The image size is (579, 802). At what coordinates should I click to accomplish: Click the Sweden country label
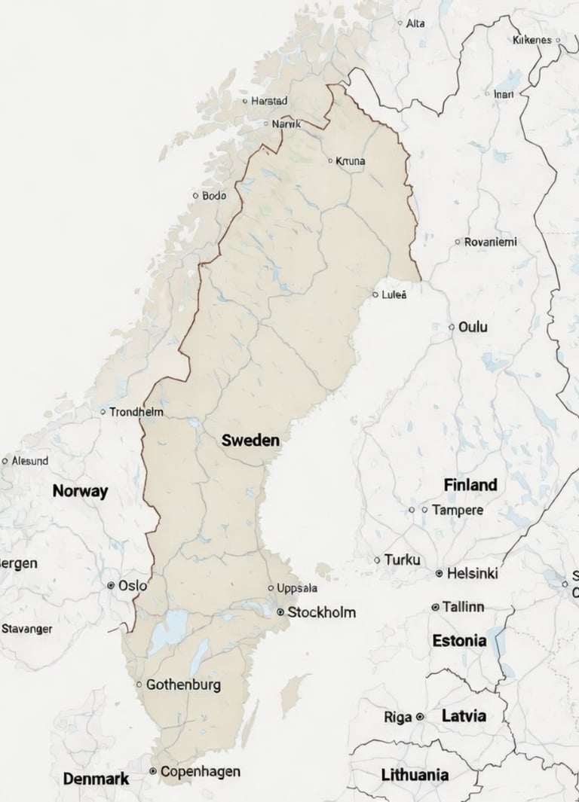tap(251, 441)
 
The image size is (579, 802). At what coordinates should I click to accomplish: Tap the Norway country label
tap(80, 491)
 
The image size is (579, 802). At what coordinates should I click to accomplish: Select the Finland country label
tap(470, 484)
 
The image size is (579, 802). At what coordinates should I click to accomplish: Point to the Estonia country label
tap(459, 641)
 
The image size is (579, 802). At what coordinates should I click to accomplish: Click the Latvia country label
tap(464, 715)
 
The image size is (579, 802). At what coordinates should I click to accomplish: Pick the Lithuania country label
tap(415, 774)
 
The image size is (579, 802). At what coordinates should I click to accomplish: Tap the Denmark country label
tap(96, 779)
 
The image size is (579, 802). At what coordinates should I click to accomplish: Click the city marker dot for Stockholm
tap(281, 612)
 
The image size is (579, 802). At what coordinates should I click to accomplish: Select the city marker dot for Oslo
tap(112, 585)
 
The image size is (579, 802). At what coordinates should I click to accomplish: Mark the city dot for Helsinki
tap(439, 573)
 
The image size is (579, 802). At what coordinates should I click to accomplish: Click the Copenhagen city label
tap(201, 771)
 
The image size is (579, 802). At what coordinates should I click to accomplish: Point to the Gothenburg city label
tap(183, 685)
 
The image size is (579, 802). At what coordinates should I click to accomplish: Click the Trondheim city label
tap(136, 412)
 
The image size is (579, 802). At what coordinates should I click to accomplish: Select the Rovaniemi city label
tap(491, 242)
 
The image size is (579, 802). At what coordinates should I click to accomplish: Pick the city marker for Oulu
tap(452, 327)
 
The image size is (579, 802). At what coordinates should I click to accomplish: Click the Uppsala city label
tap(298, 588)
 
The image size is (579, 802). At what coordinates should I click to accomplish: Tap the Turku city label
tap(402, 560)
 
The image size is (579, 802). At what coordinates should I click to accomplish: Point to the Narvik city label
tap(286, 123)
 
